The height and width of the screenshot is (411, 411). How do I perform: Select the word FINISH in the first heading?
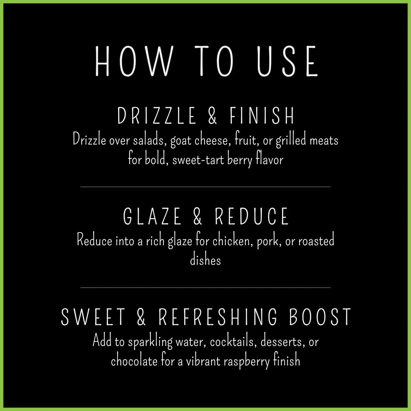tap(262, 116)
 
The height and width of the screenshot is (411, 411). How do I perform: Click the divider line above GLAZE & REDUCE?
tap(206, 187)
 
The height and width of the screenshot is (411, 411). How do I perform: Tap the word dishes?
tap(206, 260)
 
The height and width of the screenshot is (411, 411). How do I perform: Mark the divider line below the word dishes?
tap(206, 287)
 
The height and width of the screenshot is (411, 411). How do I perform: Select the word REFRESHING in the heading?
tap(218, 317)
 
